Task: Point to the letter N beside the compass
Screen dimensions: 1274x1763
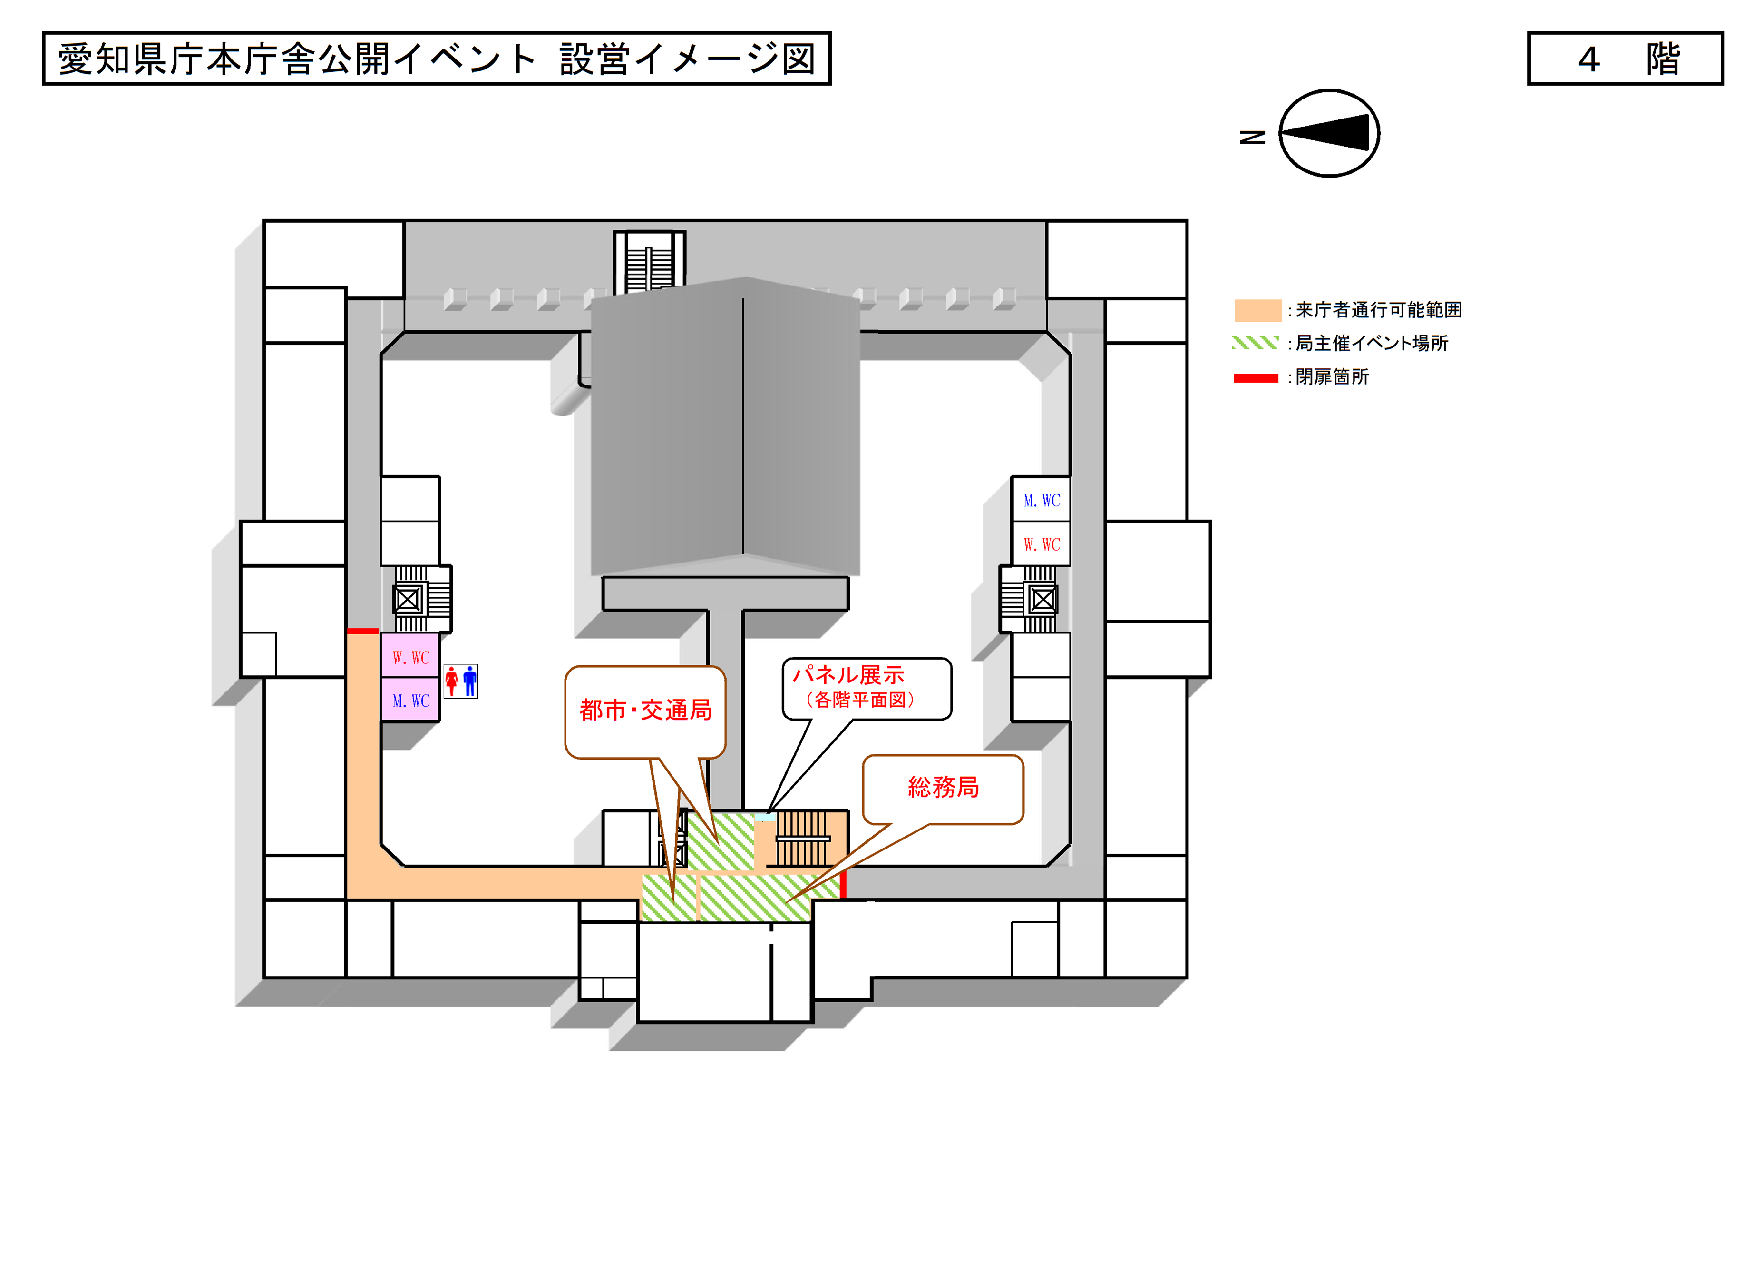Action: (x=1252, y=137)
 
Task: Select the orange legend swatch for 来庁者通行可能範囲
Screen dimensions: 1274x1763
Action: (x=1257, y=310)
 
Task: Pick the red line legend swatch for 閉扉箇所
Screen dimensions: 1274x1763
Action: (x=1256, y=378)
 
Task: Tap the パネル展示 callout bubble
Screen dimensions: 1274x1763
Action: (x=866, y=688)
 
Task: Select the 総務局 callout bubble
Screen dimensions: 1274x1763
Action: (x=943, y=788)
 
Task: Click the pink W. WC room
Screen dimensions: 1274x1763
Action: (x=410, y=657)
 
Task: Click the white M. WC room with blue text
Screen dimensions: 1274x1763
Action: (x=1042, y=500)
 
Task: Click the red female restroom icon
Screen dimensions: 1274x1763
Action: (x=452, y=681)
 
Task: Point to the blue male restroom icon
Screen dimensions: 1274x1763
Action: (x=469, y=681)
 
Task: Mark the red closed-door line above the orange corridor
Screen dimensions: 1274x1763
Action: (x=362, y=631)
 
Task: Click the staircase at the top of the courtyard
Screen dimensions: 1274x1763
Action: (x=649, y=263)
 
